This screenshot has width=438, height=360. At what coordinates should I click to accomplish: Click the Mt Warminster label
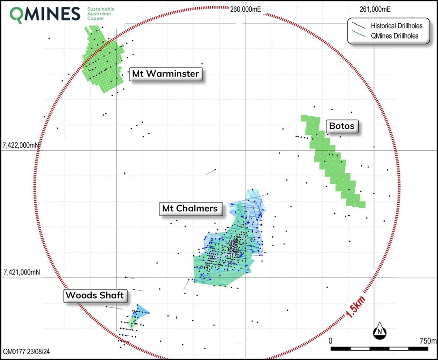click(166, 74)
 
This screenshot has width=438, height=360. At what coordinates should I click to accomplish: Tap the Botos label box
click(342, 126)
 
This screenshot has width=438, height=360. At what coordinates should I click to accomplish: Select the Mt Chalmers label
click(189, 209)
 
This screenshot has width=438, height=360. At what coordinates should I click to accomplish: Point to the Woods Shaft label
click(94, 296)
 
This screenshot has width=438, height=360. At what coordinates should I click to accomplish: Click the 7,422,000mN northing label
click(21, 145)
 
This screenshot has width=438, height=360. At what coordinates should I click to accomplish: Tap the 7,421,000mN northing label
click(21, 272)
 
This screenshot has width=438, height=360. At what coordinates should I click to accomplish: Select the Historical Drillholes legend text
click(397, 26)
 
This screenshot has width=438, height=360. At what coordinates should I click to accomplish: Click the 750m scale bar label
click(428, 341)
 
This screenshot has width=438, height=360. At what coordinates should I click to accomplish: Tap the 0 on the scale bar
click(331, 341)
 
